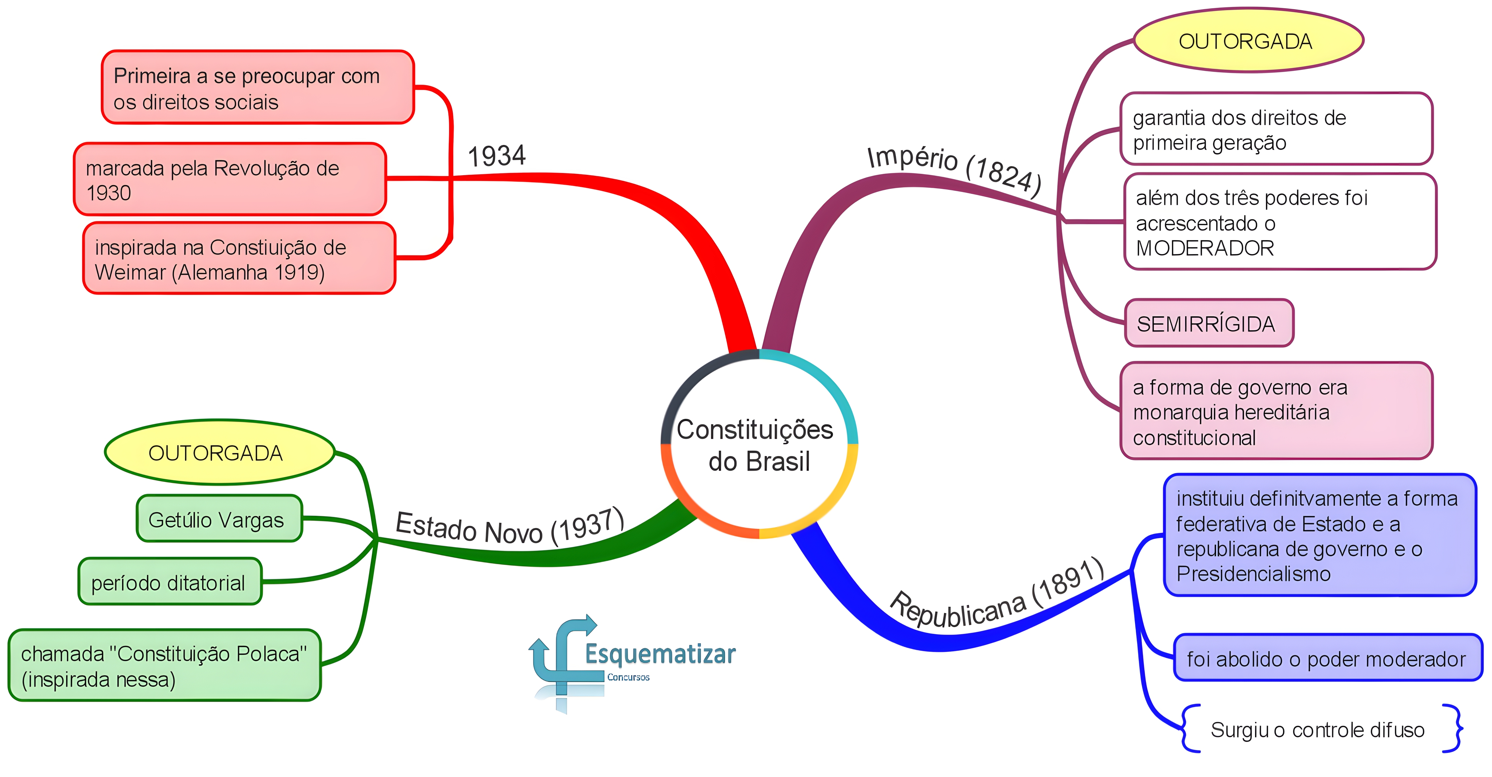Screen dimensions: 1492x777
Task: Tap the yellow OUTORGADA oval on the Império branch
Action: pos(1248,40)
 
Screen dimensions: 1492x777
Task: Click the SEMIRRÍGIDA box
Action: pos(1209,323)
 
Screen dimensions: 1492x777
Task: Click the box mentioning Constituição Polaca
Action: pos(164,665)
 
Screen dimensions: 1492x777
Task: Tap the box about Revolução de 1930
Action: pos(230,179)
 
